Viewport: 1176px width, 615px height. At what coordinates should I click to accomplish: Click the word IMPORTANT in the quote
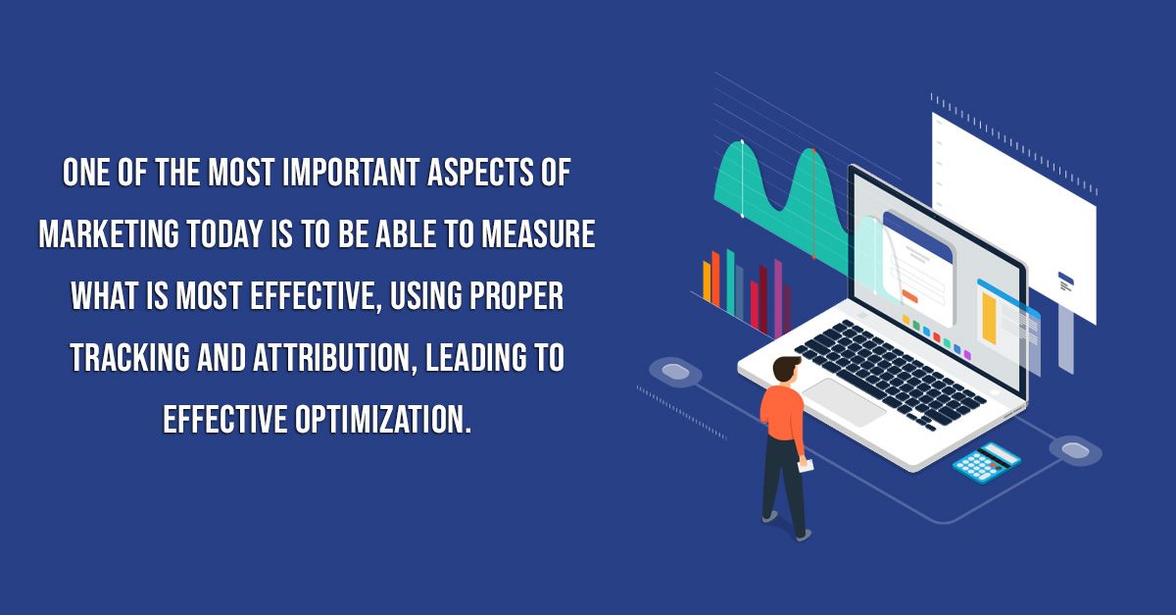(x=350, y=172)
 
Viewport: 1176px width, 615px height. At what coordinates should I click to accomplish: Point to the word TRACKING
(x=129, y=357)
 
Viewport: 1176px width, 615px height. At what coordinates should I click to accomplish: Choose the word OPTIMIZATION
(x=382, y=419)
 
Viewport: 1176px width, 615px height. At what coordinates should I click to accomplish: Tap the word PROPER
(x=516, y=295)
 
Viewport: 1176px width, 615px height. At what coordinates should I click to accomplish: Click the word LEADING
(x=470, y=357)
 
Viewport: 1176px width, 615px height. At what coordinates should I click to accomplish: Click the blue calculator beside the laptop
(x=987, y=462)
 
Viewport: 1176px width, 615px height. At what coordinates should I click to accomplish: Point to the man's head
(x=786, y=371)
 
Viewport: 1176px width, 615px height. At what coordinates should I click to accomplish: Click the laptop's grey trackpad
(x=844, y=402)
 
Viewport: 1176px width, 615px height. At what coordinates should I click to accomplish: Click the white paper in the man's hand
(x=806, y=466)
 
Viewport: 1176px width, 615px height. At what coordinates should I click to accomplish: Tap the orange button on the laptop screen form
(x=909, y=296)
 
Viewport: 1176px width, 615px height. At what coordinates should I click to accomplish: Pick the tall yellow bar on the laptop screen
(x=989, y=318)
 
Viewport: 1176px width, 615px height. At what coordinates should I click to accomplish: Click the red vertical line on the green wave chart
(x=813, y=204)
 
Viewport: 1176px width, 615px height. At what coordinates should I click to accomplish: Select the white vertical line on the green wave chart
(x=743, y=179)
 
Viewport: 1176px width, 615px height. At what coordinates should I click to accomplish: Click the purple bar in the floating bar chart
(x=778, y=298)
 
